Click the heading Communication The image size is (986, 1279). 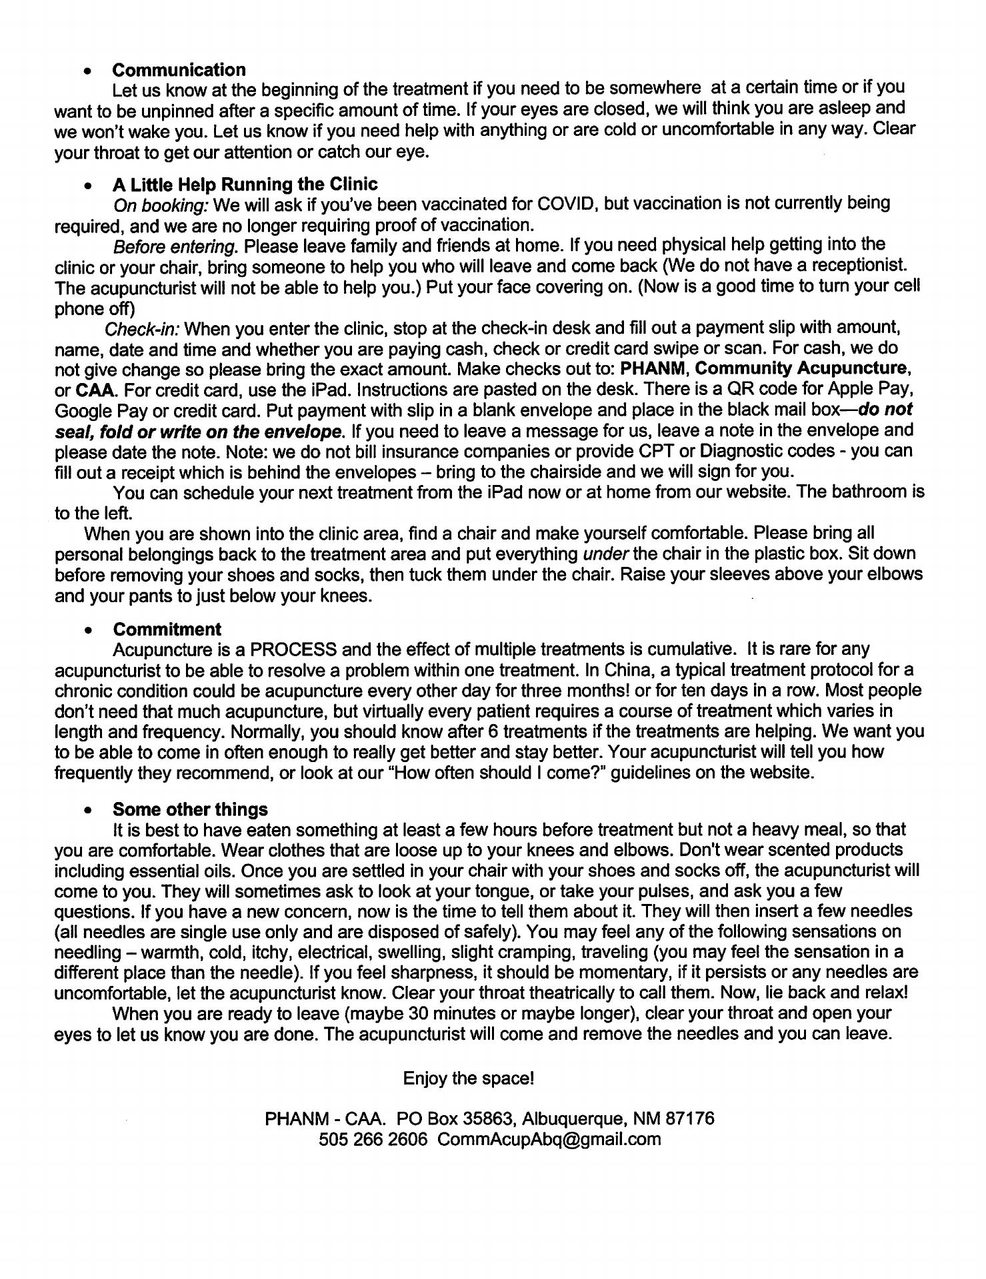179,69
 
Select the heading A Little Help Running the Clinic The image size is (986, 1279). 245,184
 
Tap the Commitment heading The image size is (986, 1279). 167,629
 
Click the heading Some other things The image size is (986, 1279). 190,809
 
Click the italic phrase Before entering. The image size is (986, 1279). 175,246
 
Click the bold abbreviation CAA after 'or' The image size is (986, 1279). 93,389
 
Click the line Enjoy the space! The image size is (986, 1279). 468,1078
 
